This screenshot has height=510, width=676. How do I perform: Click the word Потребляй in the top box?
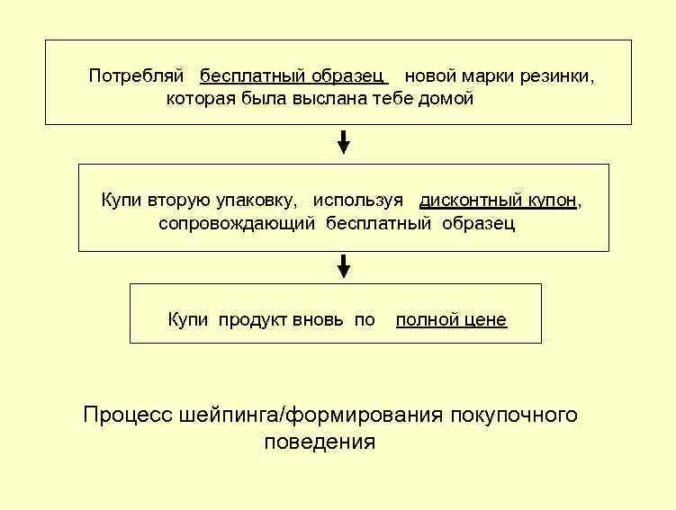[x=135, y=76]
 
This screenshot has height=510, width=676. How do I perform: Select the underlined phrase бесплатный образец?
[x=293, y=76]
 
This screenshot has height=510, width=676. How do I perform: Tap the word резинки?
[x=557, y=76]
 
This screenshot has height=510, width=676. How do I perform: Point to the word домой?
[x=446, y=99]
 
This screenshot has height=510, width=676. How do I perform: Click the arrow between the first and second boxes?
[x=343, y=142]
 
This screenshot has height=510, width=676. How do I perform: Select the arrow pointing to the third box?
[x=343, y=266]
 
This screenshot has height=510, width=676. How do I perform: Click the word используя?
[x=358, y=201]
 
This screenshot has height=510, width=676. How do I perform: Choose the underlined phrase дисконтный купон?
[x=498, y=201]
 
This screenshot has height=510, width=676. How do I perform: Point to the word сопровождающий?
[x=237, y=224]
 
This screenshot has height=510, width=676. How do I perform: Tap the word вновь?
[x=320, y=319]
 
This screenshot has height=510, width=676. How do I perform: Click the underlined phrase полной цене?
[x=451, y=319]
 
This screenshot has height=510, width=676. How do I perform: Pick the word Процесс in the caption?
[x=128, y=415]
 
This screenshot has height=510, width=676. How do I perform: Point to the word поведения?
[x=320, y=443]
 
